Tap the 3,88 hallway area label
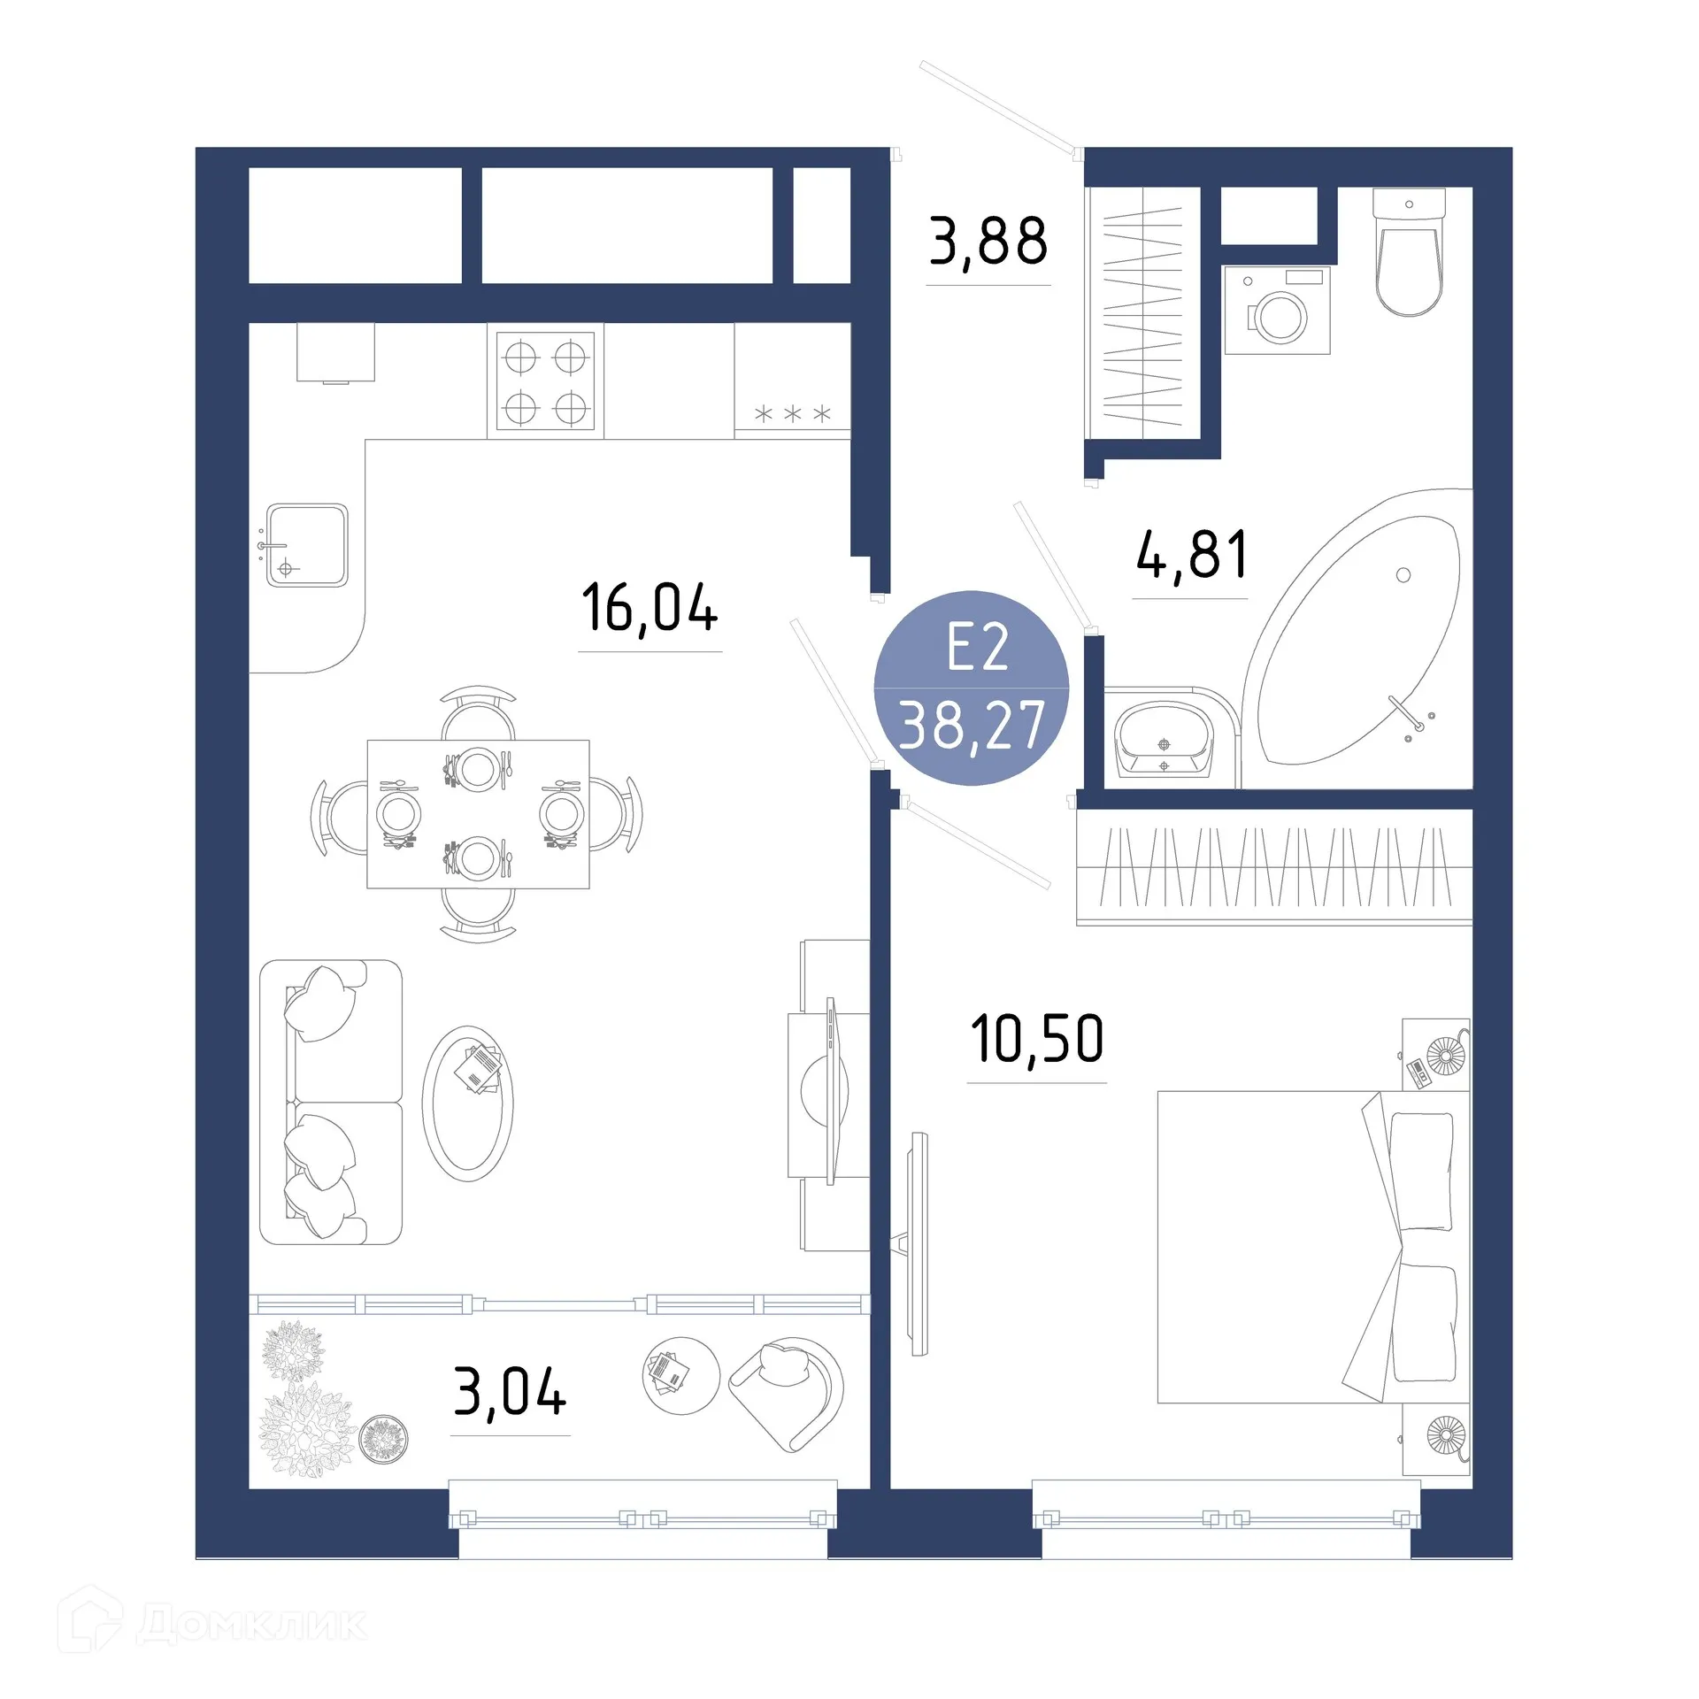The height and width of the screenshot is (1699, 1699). [x=988, y=242]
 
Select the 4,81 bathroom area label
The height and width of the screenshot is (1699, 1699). [x=1191, y=555]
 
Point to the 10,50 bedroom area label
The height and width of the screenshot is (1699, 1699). [x=1037, y=1039]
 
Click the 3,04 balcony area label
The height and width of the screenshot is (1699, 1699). [x=510, y=1392]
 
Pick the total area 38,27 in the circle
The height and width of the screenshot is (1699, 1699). [x=972, y=726]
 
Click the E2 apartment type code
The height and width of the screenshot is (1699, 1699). [x=977, y=648]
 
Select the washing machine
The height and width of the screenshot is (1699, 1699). [x=1277, y=311]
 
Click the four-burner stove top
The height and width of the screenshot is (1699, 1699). [x=545, y=381]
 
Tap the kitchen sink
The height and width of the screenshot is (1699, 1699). [x=307, y=545]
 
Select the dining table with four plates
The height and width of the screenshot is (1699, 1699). [x=478, y=813]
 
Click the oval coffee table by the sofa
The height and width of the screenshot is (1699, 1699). [x=468, y=1103]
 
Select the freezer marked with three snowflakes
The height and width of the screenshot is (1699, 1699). [x=792, y=381]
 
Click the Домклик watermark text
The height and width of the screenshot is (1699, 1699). [x=252, y=1625]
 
